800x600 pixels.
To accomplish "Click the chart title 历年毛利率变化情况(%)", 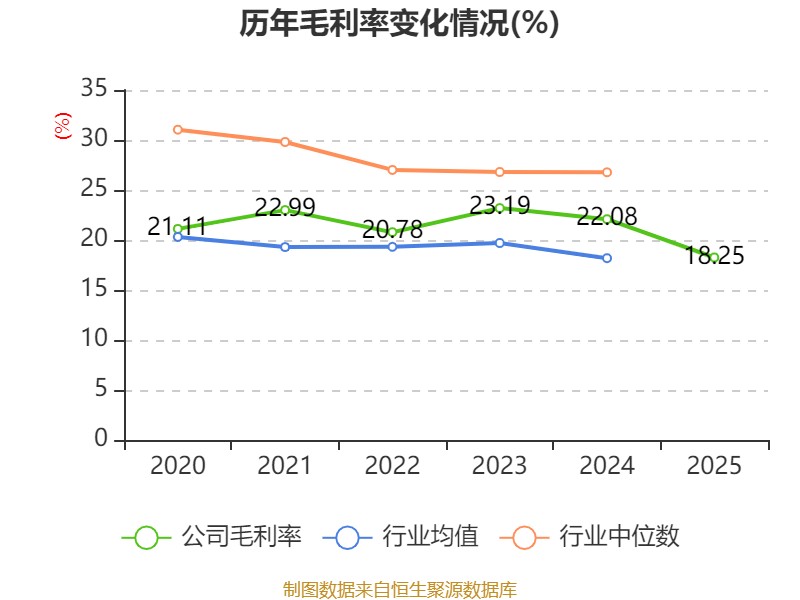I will tap(399, 23).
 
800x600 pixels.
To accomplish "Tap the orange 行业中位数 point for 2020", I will tap(177, 129).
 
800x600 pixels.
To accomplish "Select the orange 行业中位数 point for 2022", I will tap(392, 170).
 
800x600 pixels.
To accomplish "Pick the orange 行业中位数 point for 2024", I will tap(607, 172).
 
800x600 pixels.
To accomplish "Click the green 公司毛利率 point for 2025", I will tap(714, 258).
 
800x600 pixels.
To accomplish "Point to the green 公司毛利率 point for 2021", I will tap(285, 210).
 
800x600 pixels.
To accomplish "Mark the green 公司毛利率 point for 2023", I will tap(500, 208).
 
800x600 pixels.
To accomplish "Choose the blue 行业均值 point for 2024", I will tap(607, 258).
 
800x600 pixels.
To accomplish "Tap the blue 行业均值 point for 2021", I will tap(285, 246).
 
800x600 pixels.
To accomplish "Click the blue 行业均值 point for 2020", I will tap(177, 237).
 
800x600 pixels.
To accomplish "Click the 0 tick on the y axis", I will tap(101, 440).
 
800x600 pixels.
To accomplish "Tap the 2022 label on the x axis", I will tap(392, 466).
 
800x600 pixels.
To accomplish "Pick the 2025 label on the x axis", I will tap(714, 466).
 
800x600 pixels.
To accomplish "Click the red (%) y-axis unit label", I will tap(62, 127).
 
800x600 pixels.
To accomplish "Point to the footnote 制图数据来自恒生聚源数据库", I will tap(399, 589).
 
